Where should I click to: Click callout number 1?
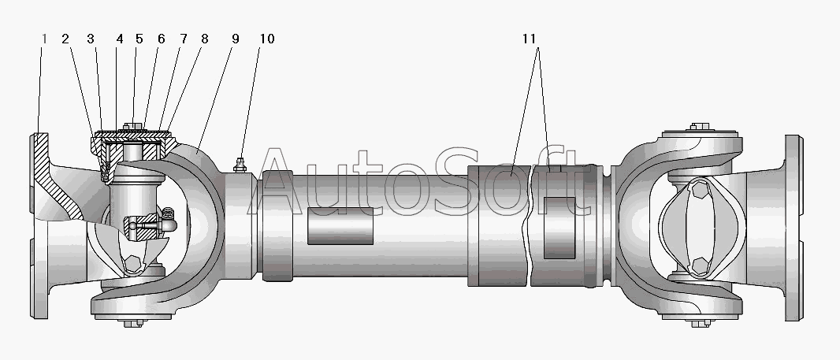[44, 39]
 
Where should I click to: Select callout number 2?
[65, 39]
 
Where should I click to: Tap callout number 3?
[91, 39]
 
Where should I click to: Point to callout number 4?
[120, 39]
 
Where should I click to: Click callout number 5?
[139, 39]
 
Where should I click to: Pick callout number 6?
[162, 39]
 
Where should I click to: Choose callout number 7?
[184, 39]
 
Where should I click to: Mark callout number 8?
[205, 39]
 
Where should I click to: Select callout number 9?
[235, 39]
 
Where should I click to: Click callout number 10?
[267, 39]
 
